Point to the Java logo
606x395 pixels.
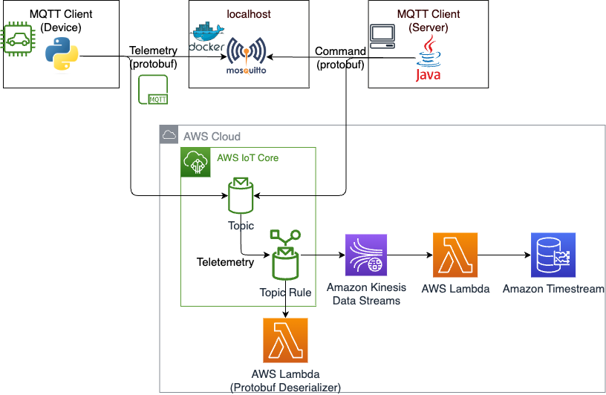pyautogui.click(x=427, y=60)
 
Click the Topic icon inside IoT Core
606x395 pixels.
pyautogui.click(x=239, y=196)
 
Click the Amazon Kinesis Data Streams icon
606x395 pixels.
pyautogui.click(x=366, y=255)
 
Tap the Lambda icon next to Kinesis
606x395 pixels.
pyautogui.click(x=455, y=255)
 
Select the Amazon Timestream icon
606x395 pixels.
pyautogui.click(x=553, y=255)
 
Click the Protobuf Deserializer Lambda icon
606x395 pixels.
pyautogui.click(x=285, y=340)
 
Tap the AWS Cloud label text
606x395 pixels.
pyautogui.click(x=212, y=137)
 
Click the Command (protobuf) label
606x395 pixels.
pyautogui.click(x=341, y=58)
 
